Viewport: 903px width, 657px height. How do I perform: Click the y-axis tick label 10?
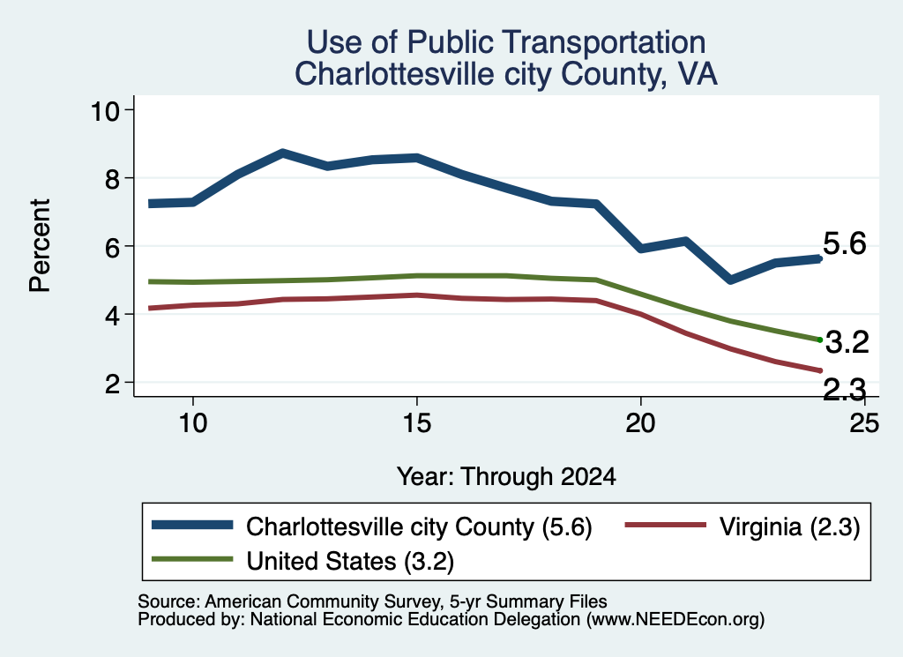pos(106,110)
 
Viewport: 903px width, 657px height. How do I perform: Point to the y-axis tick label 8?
pos(112,178)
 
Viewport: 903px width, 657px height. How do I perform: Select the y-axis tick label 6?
pos(112,246)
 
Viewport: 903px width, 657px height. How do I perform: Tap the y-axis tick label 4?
pos(112,315)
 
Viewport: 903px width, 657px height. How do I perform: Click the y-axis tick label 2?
pos(112,383)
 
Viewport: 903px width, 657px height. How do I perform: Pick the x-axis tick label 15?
pos(416,423)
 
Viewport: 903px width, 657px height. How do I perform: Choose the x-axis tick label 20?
pos(640,423)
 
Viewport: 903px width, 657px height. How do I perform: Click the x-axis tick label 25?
pos(864,423)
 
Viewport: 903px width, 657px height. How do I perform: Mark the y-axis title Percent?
pos(40,246)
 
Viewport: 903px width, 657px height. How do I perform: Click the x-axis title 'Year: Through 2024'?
pos(506,477)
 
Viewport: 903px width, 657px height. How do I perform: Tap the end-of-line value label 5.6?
pos(844,243)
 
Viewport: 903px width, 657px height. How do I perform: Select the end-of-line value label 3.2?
pos(847,342)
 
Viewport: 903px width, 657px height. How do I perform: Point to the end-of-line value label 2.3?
pos(844,390)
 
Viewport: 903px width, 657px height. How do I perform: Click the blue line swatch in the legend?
pos(192,525)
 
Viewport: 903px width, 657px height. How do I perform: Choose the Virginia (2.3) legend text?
pos(789,526)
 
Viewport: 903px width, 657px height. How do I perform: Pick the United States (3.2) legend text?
pos(350,561)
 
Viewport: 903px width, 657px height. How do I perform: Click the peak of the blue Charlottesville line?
pos(283,153)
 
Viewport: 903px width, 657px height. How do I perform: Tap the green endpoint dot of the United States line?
pos(820,340)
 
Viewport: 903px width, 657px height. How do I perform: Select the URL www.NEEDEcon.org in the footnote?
pos(675,620)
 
